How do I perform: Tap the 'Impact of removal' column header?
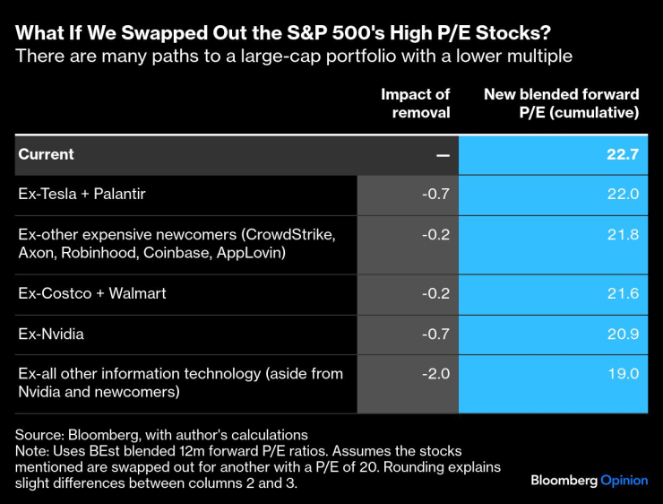(x=415, y=103)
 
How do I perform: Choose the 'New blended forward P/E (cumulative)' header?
(x=562, y=103)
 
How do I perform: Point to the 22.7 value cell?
(x=622, y=154)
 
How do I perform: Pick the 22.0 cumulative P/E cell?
(x=623, y=193)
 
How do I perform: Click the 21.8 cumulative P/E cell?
(x=623, y=233)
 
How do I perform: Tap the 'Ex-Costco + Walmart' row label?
(x=91, y=293)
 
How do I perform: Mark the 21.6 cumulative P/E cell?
(x=623, y=293)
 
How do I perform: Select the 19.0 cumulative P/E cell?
(x=623, y=372)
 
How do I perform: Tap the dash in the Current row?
(x=443, y=154)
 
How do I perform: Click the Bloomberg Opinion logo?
(x=589, y=480)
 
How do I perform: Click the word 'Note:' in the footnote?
(x=33, y=450)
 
